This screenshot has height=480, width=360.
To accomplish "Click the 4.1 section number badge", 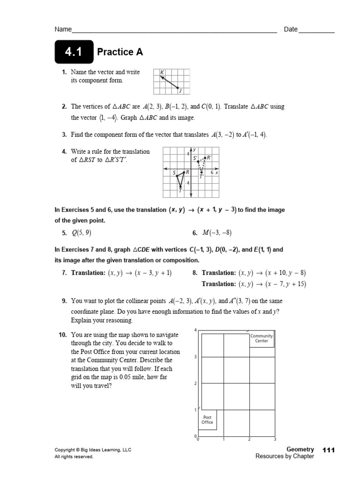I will pyautogui.click(x=74, y=52).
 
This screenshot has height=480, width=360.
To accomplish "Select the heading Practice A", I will pyautogui.click(x=120, y=52).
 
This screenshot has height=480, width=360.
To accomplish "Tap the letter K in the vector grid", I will pyautogui.click(x=162, y=72).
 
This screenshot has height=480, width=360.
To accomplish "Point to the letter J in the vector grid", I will pyautogui.click(x=180, y=91).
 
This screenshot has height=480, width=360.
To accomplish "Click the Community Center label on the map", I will pyautogui.click(x=262, y=338).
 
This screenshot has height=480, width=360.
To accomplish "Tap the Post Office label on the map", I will pyautogui.click(x=207, y=420).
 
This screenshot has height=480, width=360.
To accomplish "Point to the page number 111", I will pyautogui.click(x=329, y=450).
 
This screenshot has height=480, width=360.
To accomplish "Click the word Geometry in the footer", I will pyautogui.click(x=300, y=450).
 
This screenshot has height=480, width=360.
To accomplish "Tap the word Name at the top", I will pyautogui.click(x=63, y=30).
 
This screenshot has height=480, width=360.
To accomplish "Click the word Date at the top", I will pyautogui.click(x=291, y=30).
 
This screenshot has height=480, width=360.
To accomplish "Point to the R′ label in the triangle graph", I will pyautogui.click(x=209, y=158).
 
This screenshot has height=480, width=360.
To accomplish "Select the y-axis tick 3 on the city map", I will pyautogui.click(x=195, y=357).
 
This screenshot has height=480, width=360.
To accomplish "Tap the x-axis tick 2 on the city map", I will pyautogui.click(x=249, y=439).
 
